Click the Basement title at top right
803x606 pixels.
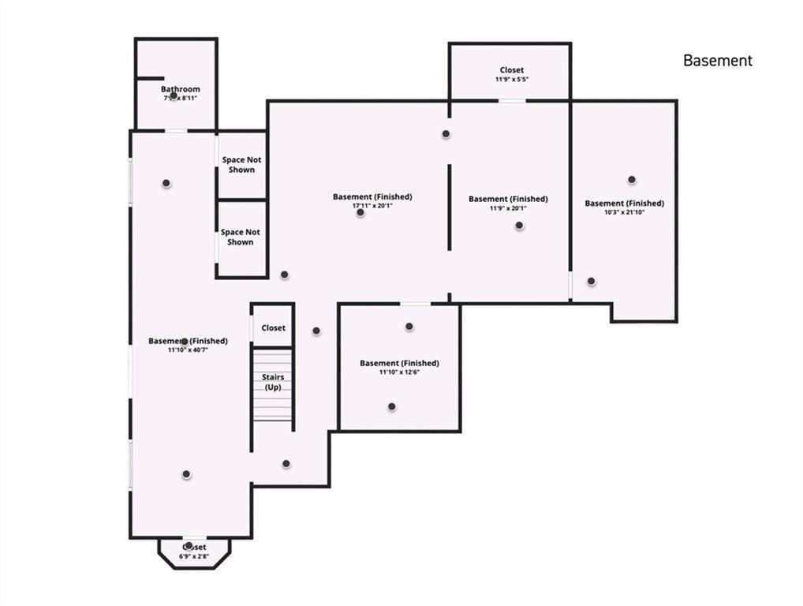coord(717,61)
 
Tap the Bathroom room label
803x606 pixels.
coord(181,89)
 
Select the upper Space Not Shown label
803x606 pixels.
coord(241,164)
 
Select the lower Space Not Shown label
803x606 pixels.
coord(240,237)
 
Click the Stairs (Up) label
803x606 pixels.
coord(273,382)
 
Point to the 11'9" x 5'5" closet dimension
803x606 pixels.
coord(511,80)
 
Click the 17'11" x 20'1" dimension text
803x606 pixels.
coord(372,206)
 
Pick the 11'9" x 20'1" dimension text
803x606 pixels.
coord(507,208)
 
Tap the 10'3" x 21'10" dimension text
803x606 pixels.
coord(624,212)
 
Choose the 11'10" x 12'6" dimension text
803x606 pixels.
coord(399,372)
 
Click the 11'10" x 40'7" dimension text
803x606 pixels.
coord(188,350)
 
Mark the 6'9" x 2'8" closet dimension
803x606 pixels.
coord(194,556)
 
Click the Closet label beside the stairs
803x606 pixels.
coord(273,327)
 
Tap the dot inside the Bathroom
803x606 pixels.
coord(174,95)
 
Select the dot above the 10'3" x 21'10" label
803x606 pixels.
coord(632,180)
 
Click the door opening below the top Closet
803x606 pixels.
coord(511,100)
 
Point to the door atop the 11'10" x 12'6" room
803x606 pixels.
coord(415,304)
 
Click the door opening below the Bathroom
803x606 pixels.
coord(176,130)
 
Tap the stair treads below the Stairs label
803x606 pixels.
coord(272,406)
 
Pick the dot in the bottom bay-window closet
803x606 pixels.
coord(189,545)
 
